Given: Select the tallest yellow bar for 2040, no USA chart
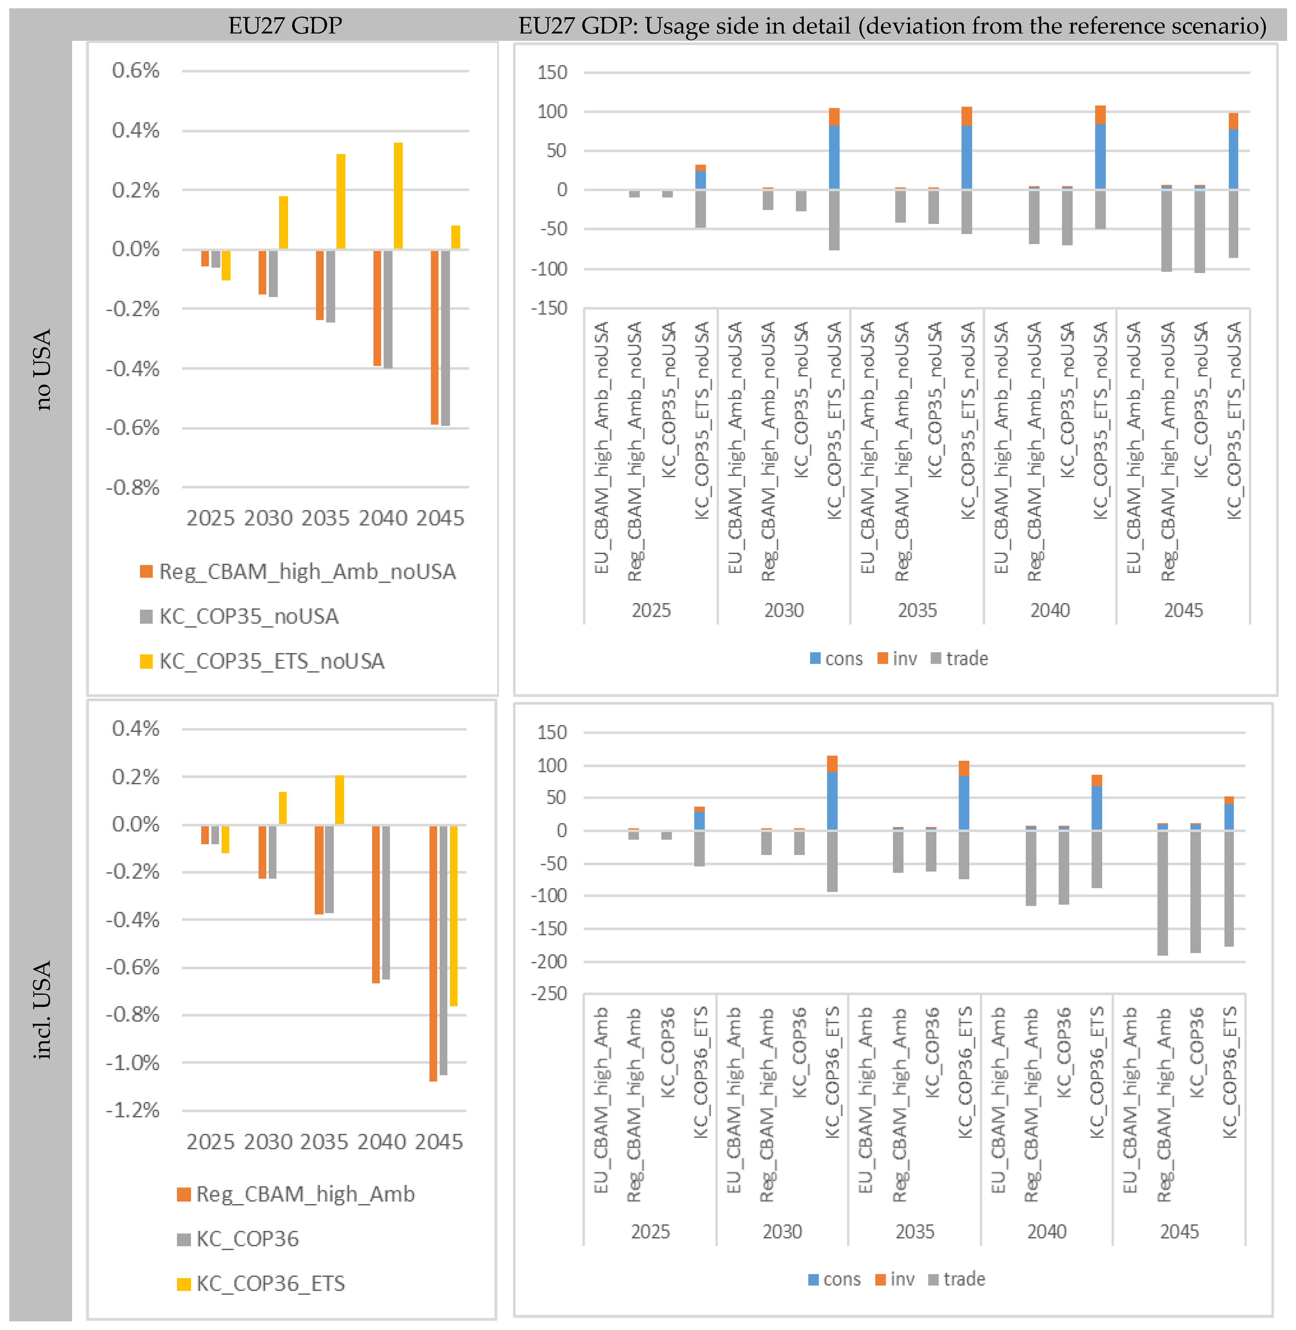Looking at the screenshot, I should tap(398, 196).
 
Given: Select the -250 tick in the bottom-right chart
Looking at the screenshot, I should tap(549, 994).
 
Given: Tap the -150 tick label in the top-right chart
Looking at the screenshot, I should tap(549, 308).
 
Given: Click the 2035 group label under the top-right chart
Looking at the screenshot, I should tap(917, 610).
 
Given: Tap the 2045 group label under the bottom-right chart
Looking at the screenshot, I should tap(1179, 1232).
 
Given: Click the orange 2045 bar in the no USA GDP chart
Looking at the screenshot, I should tap(434, 338).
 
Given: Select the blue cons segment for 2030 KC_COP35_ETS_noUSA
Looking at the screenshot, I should tap(834, 157).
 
